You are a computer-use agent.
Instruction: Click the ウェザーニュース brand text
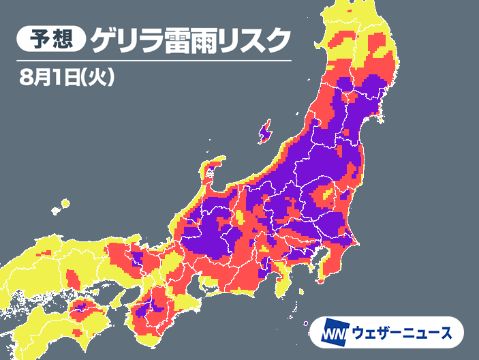point(403,333)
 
